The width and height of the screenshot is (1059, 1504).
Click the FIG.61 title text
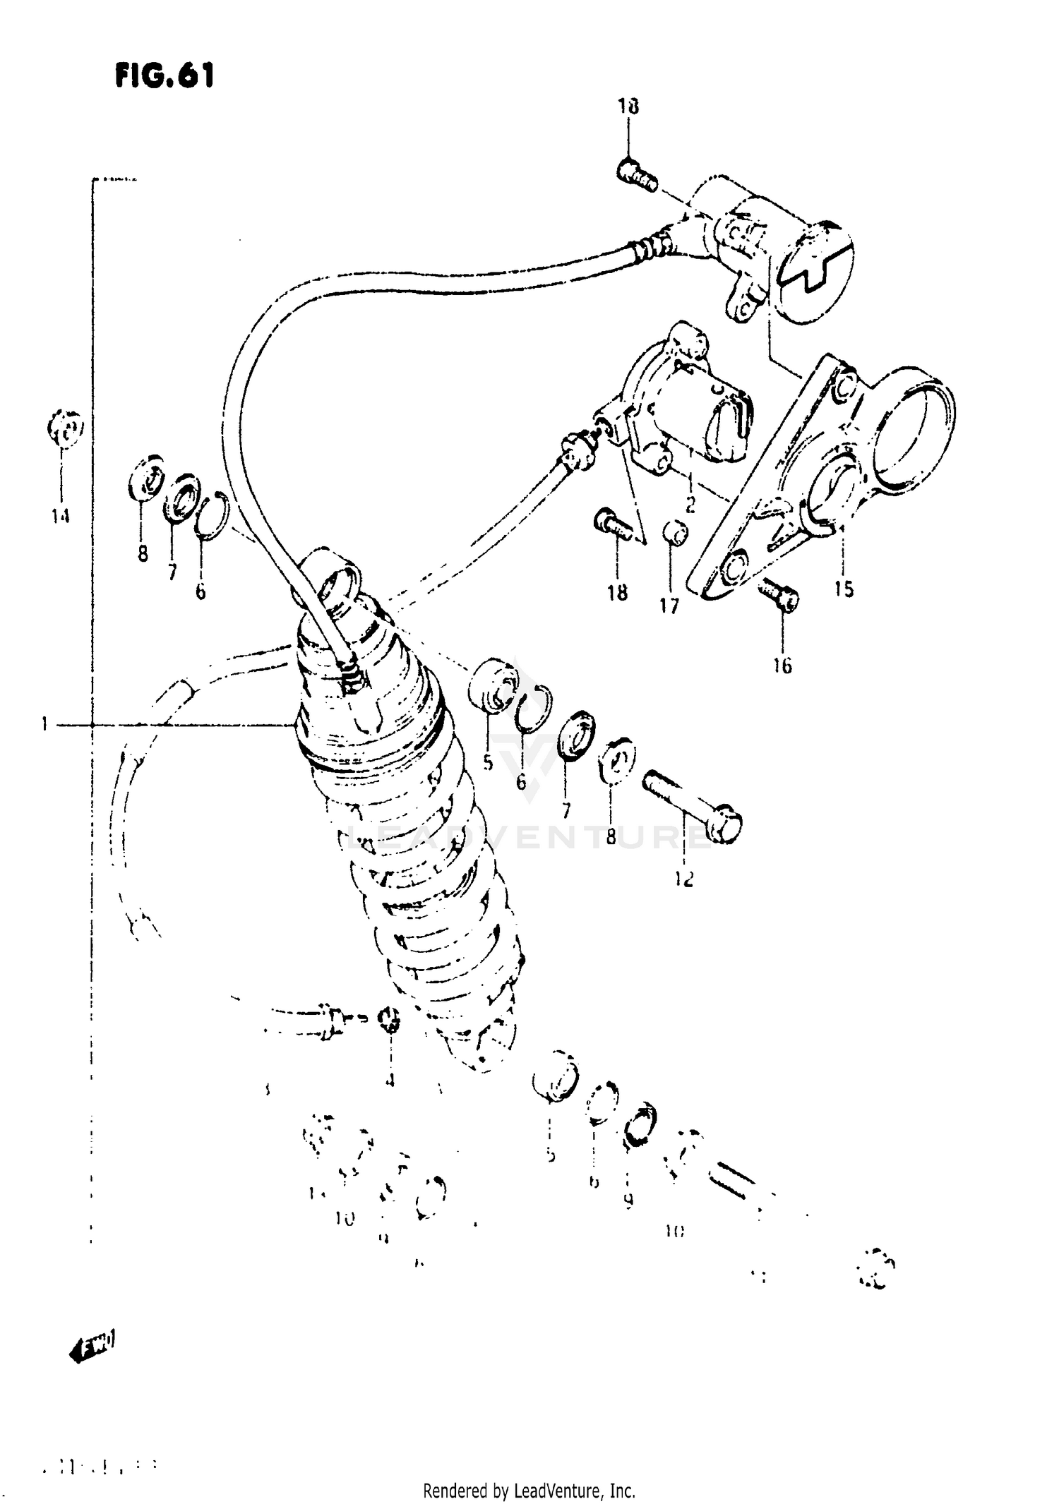tap(164, 76)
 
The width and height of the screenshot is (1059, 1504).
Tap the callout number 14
tap(61, 517)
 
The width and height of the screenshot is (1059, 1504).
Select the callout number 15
tap(843, 588)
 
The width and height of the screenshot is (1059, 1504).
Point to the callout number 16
tap(782, 666)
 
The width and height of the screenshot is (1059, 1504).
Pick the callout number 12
tap(684, 879)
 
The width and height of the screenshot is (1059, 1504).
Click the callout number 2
tap(690, 505)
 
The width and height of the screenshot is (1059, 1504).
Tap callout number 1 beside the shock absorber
tap(44, 724)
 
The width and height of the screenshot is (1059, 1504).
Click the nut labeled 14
tap(65, 428)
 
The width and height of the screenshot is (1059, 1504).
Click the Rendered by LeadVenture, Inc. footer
tap(529, 1486)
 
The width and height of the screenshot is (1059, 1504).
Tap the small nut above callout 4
tap(389, 1020)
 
